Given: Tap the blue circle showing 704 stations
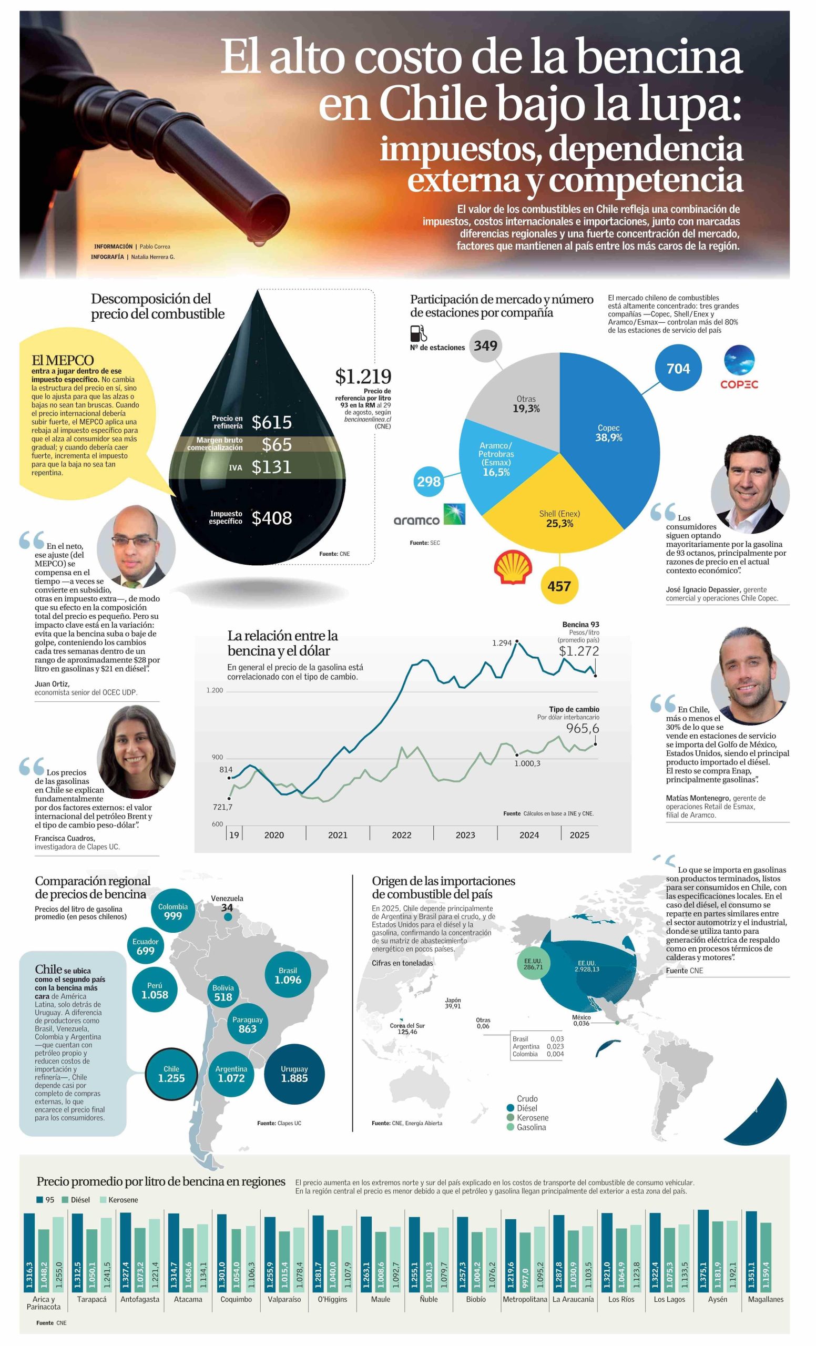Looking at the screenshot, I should pyautogui.click(x=678, y=369).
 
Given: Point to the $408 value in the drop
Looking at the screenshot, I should pyautogui.click(x=271, y=518).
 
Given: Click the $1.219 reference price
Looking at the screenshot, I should pyautogui.click(x=363, y=376).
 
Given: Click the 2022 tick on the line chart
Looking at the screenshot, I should pyautogui.click(x=402, y=835).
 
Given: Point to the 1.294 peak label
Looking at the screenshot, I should pyautogui.click(x=502, y=643).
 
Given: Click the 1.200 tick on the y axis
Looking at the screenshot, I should pyautogui.click(x=215, y=690).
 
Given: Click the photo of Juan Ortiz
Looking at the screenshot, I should pyautogui.click(x=136, y=546).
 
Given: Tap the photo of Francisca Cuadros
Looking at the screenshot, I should pyautogui.click(x=136, y=751).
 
